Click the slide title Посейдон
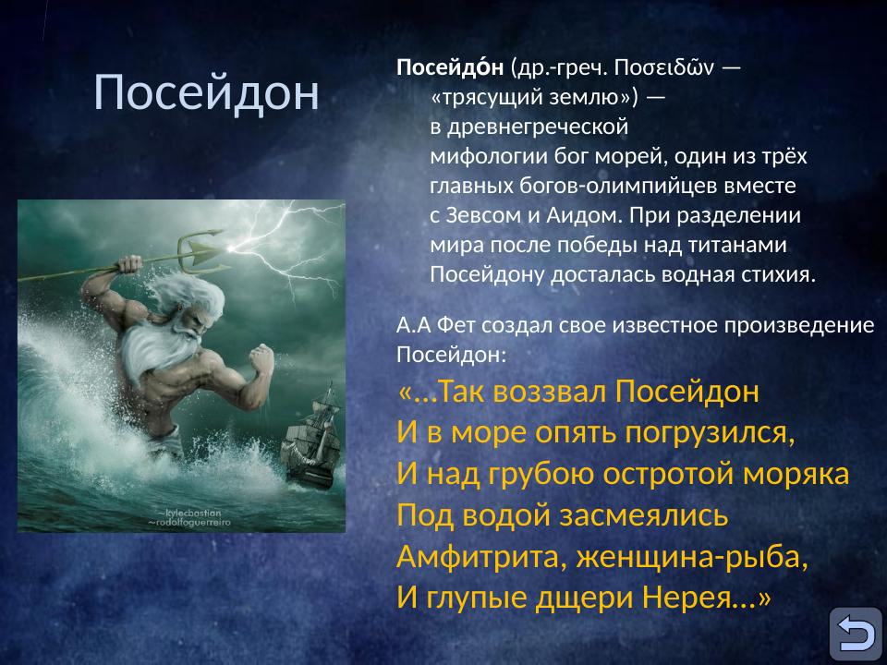206,92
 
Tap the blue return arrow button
855,634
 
